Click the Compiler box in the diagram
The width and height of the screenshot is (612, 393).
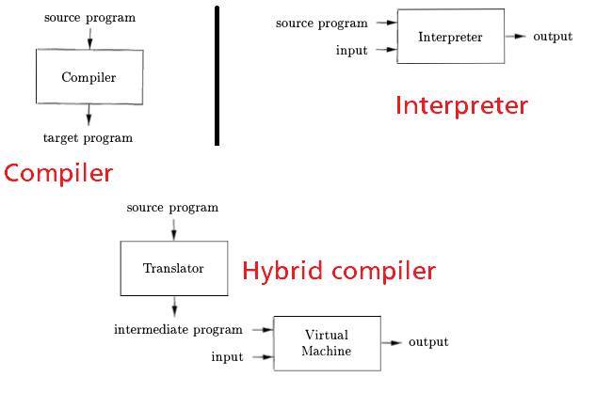click(x=89, y=77)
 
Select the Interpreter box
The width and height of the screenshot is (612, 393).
click(x=451, y=37)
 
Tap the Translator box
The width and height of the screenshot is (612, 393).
click(x=174, y=268)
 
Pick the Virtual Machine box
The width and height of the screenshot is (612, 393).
click(x=327, y=343)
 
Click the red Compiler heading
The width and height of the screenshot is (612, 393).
click(x=58, y=174)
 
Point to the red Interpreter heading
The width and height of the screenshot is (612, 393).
click(x=461, y=105)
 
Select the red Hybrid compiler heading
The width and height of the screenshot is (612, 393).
click(x=339, y=271)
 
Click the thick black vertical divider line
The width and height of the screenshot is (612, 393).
click(x=217, y=75)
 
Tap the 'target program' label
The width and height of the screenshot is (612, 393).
click(x=89, y=138)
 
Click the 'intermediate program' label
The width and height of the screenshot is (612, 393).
click(x=178, y=330)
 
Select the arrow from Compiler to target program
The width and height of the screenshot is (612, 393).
click(x=89, y=115)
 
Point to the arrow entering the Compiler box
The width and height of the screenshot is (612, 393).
click(x=90, y=39)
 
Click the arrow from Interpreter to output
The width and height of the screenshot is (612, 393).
click(x=516, y=37)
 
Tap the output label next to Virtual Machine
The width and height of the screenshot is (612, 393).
click(x=428, y=342)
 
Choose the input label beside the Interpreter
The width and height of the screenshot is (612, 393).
click(x=352, y=50)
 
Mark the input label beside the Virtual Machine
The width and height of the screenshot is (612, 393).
click(x=227, y=356)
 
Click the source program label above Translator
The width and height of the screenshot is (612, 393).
click(x=172, y=208)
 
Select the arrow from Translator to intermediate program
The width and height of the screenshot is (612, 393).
click(x=174, y=307)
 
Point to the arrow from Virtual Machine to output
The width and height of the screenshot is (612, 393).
click(x=392, y=343)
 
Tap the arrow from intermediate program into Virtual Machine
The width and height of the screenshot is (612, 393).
click(x=263, y=330)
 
